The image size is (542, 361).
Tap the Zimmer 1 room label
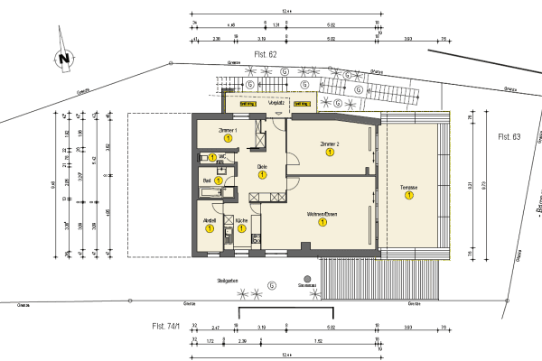229,130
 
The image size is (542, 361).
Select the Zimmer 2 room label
329,143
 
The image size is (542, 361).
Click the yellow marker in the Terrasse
409,195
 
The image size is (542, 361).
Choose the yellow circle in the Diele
262,175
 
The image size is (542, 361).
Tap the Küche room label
241,220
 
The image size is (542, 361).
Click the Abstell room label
209,220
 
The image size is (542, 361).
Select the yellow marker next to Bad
219,181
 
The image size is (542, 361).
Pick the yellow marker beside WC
212,157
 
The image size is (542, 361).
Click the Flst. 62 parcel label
265,55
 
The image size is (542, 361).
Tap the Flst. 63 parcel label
509,136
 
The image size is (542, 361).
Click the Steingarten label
227,281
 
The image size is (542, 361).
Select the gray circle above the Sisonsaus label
308,278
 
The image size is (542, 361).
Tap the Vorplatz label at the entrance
277,104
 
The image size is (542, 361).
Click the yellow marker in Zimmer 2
330,153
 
